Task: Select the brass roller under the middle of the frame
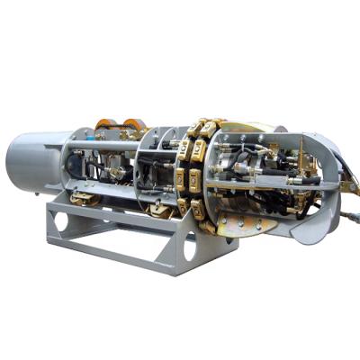159,210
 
